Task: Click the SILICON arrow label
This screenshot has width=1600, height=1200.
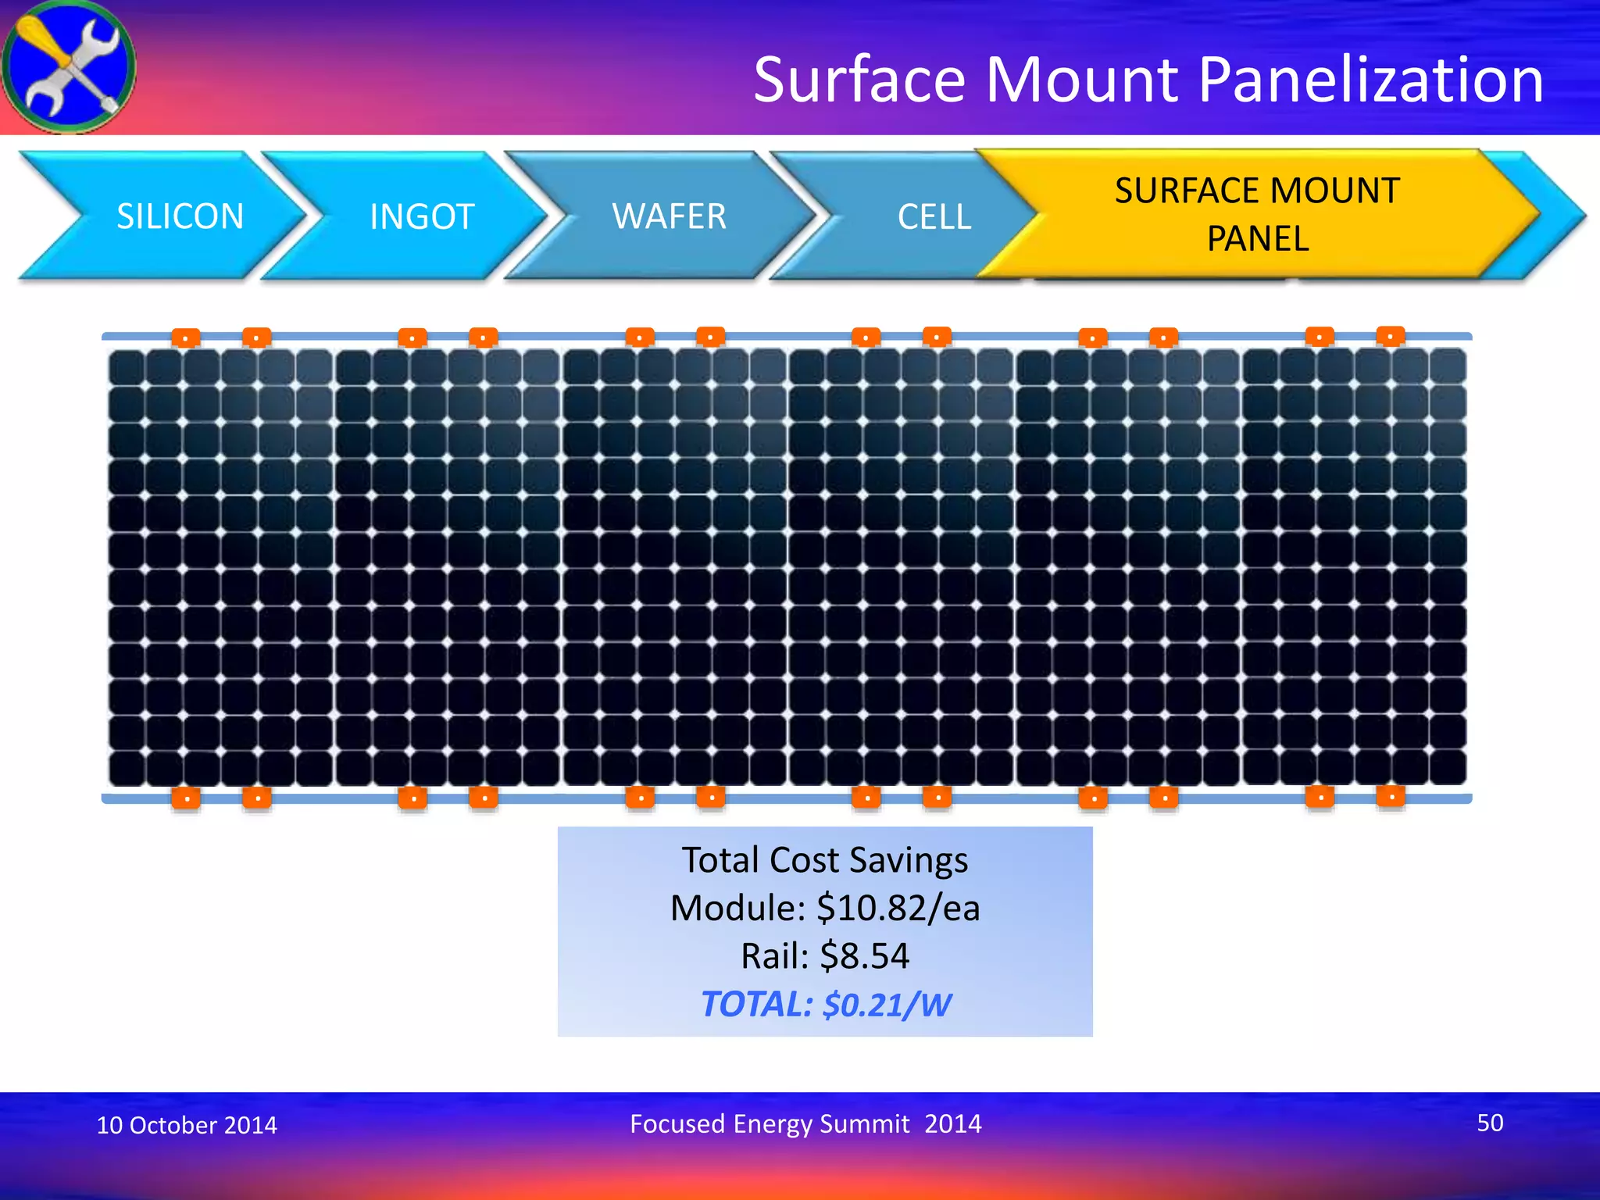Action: (180, 216)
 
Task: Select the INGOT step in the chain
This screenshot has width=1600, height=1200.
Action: (422, 216)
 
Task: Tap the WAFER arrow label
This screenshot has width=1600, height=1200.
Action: (669, 216)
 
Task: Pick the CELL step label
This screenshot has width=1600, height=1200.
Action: (934, 216)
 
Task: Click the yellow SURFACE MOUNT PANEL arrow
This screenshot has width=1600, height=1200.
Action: (1256, 214)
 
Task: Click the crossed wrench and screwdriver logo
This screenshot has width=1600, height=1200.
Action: (69, 67)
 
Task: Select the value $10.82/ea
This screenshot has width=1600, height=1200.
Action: (898, 908)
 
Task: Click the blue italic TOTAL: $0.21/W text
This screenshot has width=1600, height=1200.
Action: (825, 1005)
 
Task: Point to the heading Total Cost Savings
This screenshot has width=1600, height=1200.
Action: (825, 860)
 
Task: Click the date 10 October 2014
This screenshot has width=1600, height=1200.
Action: (187, 1125)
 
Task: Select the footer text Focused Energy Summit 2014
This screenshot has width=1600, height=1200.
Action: (805, 1123)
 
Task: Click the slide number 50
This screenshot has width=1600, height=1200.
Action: (1489, 1123)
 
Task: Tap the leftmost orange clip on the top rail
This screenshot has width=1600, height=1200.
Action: (186, 337)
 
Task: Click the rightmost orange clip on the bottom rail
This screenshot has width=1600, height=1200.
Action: (1391, 797)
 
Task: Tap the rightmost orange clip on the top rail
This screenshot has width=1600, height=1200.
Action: (1391, 336)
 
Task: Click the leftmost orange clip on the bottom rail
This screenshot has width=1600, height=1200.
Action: (186, 798)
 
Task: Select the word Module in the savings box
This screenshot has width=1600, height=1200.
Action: (736, 908)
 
